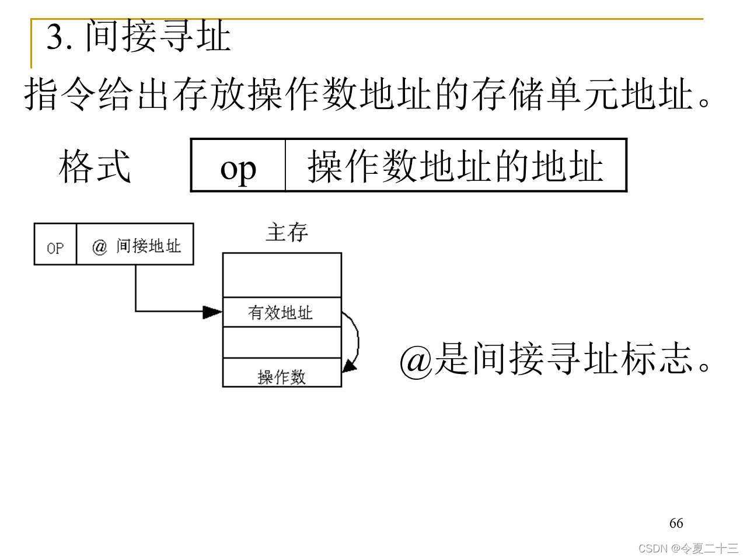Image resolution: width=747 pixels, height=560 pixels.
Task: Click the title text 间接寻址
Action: point(158,36)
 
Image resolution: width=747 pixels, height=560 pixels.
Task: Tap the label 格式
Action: point(95,166)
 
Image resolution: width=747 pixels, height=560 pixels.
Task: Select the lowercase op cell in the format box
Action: point(238,167)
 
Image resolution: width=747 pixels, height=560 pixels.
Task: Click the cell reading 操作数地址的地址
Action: point(455,166)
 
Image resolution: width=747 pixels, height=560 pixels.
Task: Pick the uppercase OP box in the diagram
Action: point(55,247)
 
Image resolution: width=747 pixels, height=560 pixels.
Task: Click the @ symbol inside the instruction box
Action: point(100,247)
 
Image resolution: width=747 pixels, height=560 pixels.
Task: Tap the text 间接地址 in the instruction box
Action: point(148,246)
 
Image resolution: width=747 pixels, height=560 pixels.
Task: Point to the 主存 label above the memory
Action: point(287,233)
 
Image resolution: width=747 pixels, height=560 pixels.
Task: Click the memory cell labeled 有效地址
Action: point(281,313)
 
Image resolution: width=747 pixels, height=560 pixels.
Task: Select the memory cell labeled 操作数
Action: point(281,376)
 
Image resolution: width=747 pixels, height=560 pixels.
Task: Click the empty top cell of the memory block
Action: point(281,275)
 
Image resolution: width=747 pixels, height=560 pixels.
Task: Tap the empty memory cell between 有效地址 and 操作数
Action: point(281,342)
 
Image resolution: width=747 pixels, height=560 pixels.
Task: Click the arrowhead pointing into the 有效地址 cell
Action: point(212,312)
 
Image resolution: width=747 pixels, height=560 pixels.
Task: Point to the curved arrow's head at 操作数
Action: point(349,366)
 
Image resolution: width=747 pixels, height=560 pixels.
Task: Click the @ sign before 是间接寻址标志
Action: point(416,360)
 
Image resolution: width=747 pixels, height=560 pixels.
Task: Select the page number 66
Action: point(676,523)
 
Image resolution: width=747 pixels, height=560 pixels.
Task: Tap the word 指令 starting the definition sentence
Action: point(60,94)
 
